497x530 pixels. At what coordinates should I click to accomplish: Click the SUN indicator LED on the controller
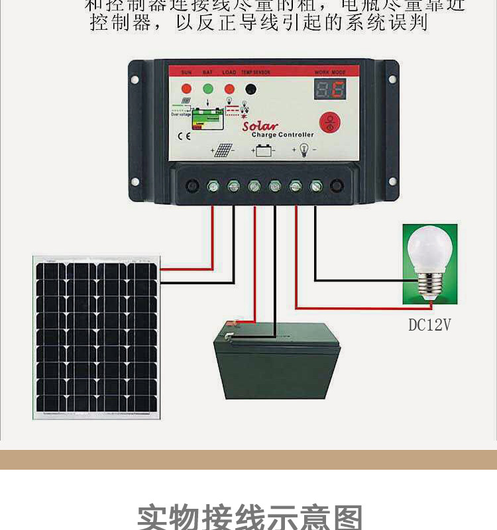pyautogui.click(x=186, y=88)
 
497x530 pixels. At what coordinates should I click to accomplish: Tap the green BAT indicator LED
pyautogui.click(x=208, y=88)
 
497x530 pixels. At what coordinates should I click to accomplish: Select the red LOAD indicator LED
pyautogui.click(x=229, y=88)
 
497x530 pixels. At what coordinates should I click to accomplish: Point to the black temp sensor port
pyautogui.click(x=250, y=89)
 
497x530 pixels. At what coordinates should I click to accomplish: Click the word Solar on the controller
pyautogui.click(x=260, y=125)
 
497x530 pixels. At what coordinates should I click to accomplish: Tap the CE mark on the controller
pyautogui.click(x=185, y=137)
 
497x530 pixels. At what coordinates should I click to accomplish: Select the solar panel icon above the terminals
pyautogui.click(x=223, y=151)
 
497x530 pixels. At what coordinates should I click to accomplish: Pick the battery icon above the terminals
pyautogui.click(x=264, y=151)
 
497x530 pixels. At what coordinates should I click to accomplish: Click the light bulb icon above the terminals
pyautogui.click(x=304, y=150)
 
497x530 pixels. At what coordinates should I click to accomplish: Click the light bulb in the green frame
pyautogui.click(x=429, y=264)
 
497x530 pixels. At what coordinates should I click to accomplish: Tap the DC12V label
pyautogui.click(x=429, y=325)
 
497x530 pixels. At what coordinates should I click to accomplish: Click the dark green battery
pyautogui.click(x=276, y=361)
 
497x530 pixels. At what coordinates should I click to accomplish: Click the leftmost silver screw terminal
pyautogui.click(x=214, y=186)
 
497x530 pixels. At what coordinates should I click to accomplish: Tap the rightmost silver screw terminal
pyautogui.click(x=316, y=186)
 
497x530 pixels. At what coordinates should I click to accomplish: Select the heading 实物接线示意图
pyautogui.click(x=250, y=517)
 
